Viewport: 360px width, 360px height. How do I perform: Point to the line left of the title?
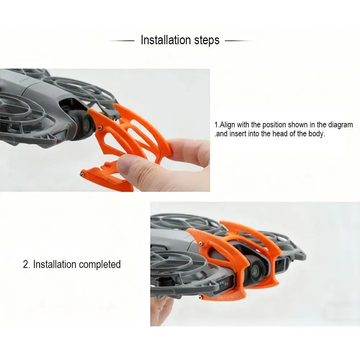coord(121,41)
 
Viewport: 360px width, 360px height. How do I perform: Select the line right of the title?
coord(238,41)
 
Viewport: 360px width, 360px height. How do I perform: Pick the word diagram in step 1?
coord(340,125)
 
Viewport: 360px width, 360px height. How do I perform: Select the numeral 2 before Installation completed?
coord(26,265)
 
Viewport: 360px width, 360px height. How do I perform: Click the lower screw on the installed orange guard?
coord(204,298)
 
